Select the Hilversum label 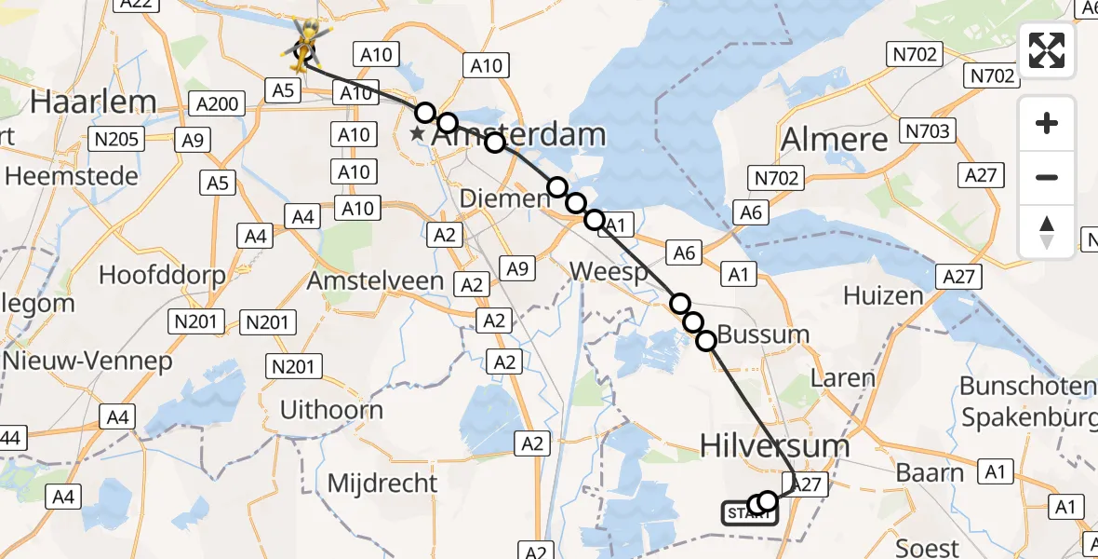click(775, 445)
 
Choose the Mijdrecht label click(382, 483)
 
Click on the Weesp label click(608, 271)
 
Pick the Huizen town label click(883, 295)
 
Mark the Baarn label click(930, 472)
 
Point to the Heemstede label click(71, 176)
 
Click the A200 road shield click(217, 103)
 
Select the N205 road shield click(116, 140)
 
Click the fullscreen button click(1047, 50)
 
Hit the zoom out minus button click(1047, 177)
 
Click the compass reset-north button click(1047, 231)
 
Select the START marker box click(749, 512)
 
